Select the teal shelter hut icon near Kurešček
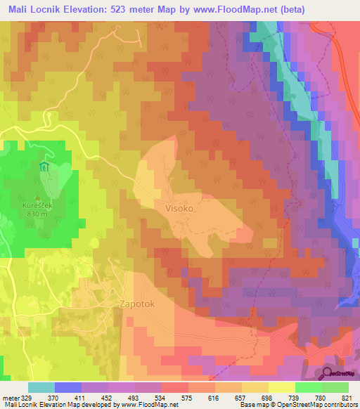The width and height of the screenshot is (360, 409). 43,167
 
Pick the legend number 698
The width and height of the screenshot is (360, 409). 266,398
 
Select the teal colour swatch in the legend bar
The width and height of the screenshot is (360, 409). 41,387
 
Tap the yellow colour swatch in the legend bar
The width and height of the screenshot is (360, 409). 281,387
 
